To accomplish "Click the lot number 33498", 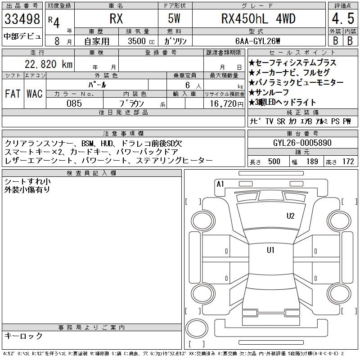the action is click(22, 19).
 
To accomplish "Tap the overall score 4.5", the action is click(343, 18).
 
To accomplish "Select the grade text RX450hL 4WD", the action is click(258, 18).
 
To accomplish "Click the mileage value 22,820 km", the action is click(49, 64).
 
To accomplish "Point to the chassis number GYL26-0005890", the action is click(302, 143).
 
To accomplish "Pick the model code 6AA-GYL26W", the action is click(258, 41).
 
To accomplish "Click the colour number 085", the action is click(74, 103).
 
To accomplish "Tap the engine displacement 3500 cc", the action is click(141, 41).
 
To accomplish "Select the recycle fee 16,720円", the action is click(226, 104).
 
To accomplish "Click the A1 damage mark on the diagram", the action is click(220, 184).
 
